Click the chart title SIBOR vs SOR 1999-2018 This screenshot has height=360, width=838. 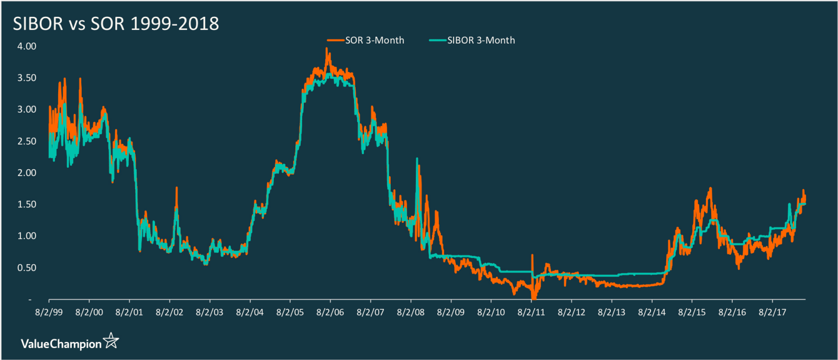[x=116, y=24]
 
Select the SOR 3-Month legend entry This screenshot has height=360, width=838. [x=374, y=40]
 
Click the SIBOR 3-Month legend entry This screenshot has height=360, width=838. [x=480, y=40]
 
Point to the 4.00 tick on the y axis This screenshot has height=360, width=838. [x=27, y=46]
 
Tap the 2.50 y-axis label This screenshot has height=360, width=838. [x=27, y=141]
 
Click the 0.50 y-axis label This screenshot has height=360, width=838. [x=27, y=268]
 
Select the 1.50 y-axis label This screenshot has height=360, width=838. [x=27, y=204]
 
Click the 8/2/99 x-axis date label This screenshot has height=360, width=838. [x=49, y=312]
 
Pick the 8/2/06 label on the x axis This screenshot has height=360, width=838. [x=330, y=312]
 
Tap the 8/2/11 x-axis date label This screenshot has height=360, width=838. [x=531, y=312]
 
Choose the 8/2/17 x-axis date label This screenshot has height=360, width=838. [x=773, y=312]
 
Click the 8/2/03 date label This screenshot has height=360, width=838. [x=210, y=312]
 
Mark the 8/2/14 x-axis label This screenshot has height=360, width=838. [x=652, y=312]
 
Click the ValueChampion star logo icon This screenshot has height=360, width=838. [x=111, y=341]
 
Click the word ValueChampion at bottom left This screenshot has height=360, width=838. [x=61, y=344]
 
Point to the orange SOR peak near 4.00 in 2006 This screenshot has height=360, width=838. [x=326, y=49]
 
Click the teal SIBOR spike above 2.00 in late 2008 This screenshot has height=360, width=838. [x=417, y=159]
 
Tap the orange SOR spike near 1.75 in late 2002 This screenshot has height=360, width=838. [x=177, y=188]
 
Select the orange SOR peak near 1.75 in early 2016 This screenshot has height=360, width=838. [x=711, y=189]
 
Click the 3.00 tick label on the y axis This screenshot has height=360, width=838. [x=27, y=110]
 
